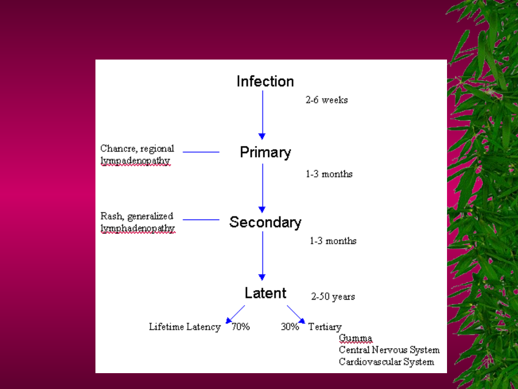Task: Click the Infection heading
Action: (x=265, y=81)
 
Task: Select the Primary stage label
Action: (x=265, y=153)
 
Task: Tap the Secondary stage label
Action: (x=265, y=222)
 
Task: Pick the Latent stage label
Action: (x=265, y=293)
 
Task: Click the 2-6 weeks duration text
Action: (x=327, y=100)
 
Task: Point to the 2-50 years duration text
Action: (x=333, y=297)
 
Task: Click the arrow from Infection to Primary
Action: (x=262, y=115)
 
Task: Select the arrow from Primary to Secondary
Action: (x=262, y=188)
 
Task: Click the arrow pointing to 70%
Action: (x=235, y=314)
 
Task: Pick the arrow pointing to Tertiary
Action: (x=296, y=314)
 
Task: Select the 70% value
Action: (x=240, y=327)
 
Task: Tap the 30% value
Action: (x=290, y=327)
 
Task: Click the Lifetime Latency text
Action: (x=185, y=327)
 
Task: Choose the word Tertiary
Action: (x=325, y=327)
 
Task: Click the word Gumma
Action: (x=355, y=339)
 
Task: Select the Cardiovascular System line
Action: (x=387, y=362)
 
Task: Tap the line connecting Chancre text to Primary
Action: (x=201, y=152)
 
